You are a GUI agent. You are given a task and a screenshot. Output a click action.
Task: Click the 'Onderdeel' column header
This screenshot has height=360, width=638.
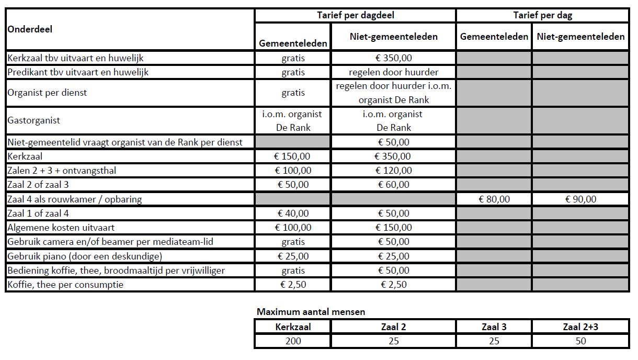30,29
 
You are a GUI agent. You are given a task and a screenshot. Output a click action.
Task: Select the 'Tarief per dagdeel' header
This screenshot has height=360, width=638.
355,15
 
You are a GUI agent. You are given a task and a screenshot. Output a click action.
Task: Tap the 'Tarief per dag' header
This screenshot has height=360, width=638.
542,15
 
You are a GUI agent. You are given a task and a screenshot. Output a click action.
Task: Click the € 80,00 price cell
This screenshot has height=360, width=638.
494,199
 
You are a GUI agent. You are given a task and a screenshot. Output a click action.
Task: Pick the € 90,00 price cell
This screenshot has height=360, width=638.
580,199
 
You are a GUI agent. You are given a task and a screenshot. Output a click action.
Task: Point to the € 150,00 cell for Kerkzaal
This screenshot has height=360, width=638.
293,156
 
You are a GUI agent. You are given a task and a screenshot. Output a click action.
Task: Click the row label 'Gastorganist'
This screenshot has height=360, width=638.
34,120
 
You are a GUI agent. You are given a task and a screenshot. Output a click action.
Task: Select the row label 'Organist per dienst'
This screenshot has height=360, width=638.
47,93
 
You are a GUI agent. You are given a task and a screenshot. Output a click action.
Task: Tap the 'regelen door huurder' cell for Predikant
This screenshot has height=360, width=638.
393,72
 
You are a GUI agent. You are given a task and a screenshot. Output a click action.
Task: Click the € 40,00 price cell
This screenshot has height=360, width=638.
293,213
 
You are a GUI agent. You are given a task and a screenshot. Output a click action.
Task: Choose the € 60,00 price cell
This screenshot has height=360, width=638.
393,184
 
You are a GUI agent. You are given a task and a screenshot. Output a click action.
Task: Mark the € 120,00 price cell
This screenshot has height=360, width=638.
393,170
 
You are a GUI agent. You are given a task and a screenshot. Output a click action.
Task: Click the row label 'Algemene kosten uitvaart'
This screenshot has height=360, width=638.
61,228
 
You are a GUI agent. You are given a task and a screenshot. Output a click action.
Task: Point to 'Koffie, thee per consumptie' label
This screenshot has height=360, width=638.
65,285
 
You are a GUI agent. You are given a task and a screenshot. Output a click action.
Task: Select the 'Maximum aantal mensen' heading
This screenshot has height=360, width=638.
311,312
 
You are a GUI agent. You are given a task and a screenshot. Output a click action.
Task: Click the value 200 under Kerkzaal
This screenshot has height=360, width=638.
293,341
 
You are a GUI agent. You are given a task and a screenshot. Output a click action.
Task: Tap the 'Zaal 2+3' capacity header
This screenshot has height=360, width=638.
580,327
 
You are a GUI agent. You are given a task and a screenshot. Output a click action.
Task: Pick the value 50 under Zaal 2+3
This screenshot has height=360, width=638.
580,341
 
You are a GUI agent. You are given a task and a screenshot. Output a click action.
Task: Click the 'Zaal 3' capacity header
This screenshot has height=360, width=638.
494,327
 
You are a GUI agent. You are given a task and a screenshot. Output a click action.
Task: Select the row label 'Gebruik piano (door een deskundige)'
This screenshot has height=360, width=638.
84,256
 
